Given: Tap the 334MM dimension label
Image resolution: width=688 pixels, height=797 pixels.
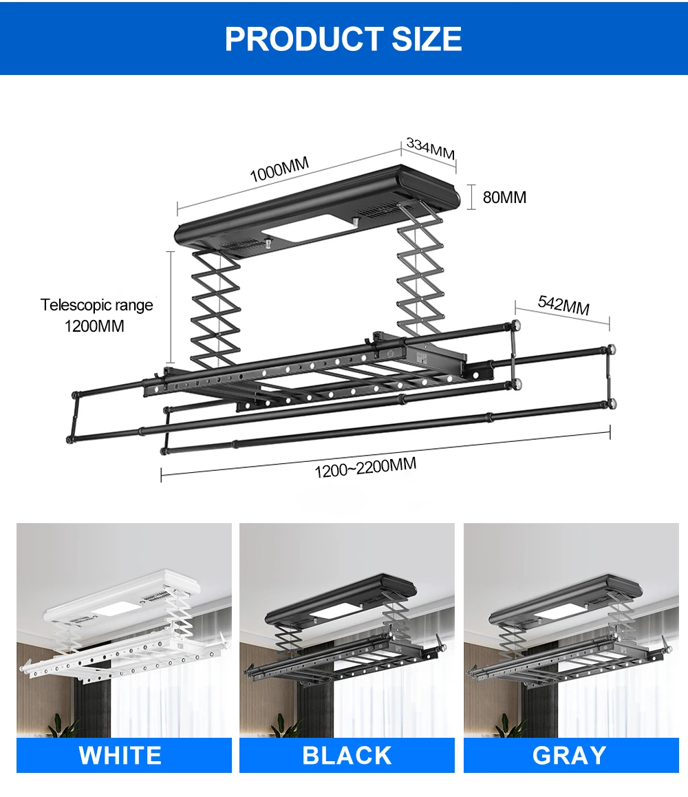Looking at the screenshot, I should [x=430, y=148].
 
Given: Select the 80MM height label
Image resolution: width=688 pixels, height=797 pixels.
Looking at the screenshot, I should [x=504, y=198].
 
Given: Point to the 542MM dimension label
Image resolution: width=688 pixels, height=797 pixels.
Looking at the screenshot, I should [x=563, y=305].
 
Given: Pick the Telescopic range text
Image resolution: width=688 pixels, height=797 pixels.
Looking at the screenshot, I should [x=96, y=305].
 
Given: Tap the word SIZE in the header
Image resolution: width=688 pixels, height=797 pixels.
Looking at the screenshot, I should [x=427, y=39].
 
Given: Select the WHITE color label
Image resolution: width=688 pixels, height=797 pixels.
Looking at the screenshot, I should [x=120, y=755].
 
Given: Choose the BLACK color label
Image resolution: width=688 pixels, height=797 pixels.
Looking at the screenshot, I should [x=347, y=755].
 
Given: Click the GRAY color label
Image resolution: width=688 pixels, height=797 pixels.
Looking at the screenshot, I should [x=570, y=755].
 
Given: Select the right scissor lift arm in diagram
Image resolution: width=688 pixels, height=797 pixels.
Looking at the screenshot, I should [x=418, y=275].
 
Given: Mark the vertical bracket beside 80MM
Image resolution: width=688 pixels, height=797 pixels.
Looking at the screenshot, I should [x=471, y=197].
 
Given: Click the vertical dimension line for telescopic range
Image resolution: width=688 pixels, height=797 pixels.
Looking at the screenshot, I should [x=171, y=306].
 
